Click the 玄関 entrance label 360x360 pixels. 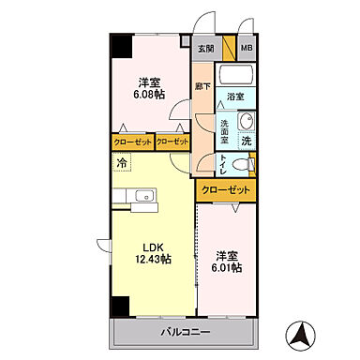(205, 49)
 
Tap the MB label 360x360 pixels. (246, 49)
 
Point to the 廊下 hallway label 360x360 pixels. (202, 87)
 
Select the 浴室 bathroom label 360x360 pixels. (235, 96)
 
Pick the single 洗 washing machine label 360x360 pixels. (246, 141)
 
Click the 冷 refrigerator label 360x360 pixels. (121, 163)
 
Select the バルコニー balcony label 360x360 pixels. (184, 334)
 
